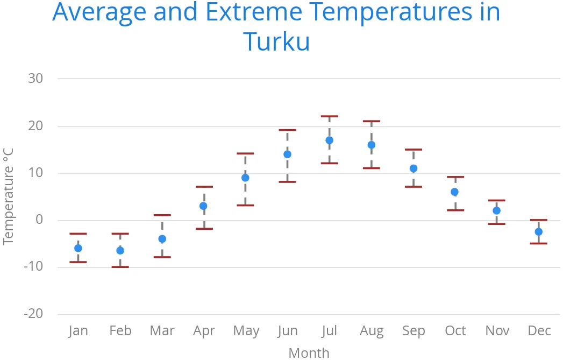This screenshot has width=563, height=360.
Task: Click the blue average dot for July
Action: (329, 140)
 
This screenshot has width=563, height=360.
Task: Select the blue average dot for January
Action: (78, 248)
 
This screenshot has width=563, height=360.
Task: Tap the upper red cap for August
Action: (371, 121)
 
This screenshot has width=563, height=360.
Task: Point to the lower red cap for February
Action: (120, 267)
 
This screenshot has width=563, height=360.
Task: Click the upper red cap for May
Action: (245, 153)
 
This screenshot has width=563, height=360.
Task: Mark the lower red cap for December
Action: (538, 244)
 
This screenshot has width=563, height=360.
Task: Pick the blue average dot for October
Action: (454, 192)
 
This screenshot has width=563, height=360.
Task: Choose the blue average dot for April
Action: (203, 206)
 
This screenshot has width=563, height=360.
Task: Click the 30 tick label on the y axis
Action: (35, 79)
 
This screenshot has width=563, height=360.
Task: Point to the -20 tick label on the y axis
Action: (33, 314)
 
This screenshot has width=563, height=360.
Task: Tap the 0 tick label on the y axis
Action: (39, 220)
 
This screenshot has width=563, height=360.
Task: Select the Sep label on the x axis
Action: (413, 330)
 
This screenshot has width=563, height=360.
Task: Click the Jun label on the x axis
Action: (287, 330)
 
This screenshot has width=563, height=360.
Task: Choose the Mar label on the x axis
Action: (162, 330)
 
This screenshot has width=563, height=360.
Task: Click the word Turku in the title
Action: (276, 41)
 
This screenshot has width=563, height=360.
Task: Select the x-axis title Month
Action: (309, 352)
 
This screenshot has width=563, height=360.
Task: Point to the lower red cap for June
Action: (287, 182)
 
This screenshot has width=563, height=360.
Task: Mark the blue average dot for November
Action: (496, 211)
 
